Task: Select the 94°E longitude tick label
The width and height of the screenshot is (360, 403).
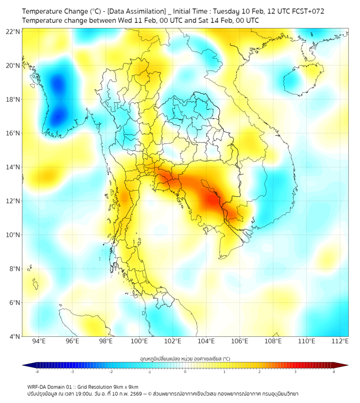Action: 39,341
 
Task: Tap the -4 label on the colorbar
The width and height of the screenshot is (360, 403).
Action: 37,372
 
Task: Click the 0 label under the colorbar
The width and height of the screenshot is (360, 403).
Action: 185,372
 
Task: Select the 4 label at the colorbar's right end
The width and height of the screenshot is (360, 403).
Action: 334,372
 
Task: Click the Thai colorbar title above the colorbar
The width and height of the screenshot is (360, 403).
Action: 185,359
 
